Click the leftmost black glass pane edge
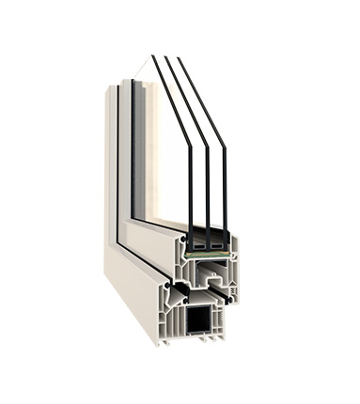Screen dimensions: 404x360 coord(190,188)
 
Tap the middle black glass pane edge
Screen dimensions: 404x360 coord(209,188)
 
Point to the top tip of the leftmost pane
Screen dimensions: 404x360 coord(152,57)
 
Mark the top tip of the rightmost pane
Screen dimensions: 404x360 coord(179,59)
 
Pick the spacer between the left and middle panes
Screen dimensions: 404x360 coord(199,245)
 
